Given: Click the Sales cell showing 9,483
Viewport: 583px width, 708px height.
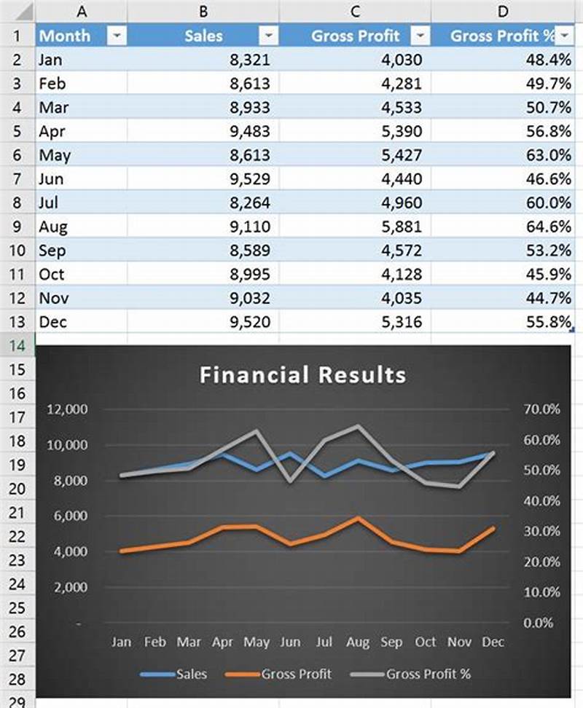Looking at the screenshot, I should coord(248,131).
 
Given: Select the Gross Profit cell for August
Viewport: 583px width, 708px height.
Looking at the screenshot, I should coord(400,227).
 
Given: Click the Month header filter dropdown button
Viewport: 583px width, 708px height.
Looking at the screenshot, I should coord(117,36).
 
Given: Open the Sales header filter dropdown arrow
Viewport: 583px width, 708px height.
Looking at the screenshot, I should coord(269,36).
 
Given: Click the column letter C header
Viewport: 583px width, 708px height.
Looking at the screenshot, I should coord(355,11).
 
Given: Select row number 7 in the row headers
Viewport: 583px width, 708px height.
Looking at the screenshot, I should coord(17,178).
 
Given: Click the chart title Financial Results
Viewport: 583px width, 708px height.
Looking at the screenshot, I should coord(302,375).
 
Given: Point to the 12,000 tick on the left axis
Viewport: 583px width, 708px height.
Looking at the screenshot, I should coord(67,409).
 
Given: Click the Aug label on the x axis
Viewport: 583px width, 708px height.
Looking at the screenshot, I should coord(357,642).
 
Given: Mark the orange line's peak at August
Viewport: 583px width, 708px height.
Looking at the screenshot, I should coord(357,518).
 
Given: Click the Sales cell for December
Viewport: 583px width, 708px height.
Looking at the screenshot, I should coord(248,322).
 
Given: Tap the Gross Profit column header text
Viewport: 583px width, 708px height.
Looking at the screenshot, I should coord(356,36).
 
